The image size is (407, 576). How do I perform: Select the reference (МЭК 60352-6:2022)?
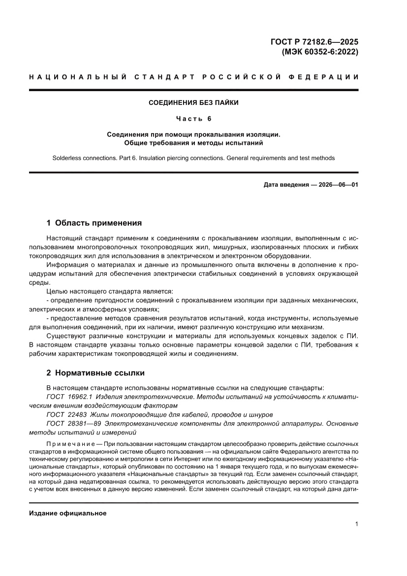pyautogui.click(x=319, y=51)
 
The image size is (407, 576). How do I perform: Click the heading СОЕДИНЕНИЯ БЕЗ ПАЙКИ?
pyautogui.click(x=193, y=103)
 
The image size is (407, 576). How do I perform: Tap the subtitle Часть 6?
pyautogui.click(x=193, y=119)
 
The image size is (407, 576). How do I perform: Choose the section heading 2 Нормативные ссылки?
pyautogui.click(x=95, y=373)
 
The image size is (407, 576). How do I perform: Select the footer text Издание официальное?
pyautogui.click(x=68, y=513)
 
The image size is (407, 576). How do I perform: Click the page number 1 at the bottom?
pyautogui.click(x=356, y=524)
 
